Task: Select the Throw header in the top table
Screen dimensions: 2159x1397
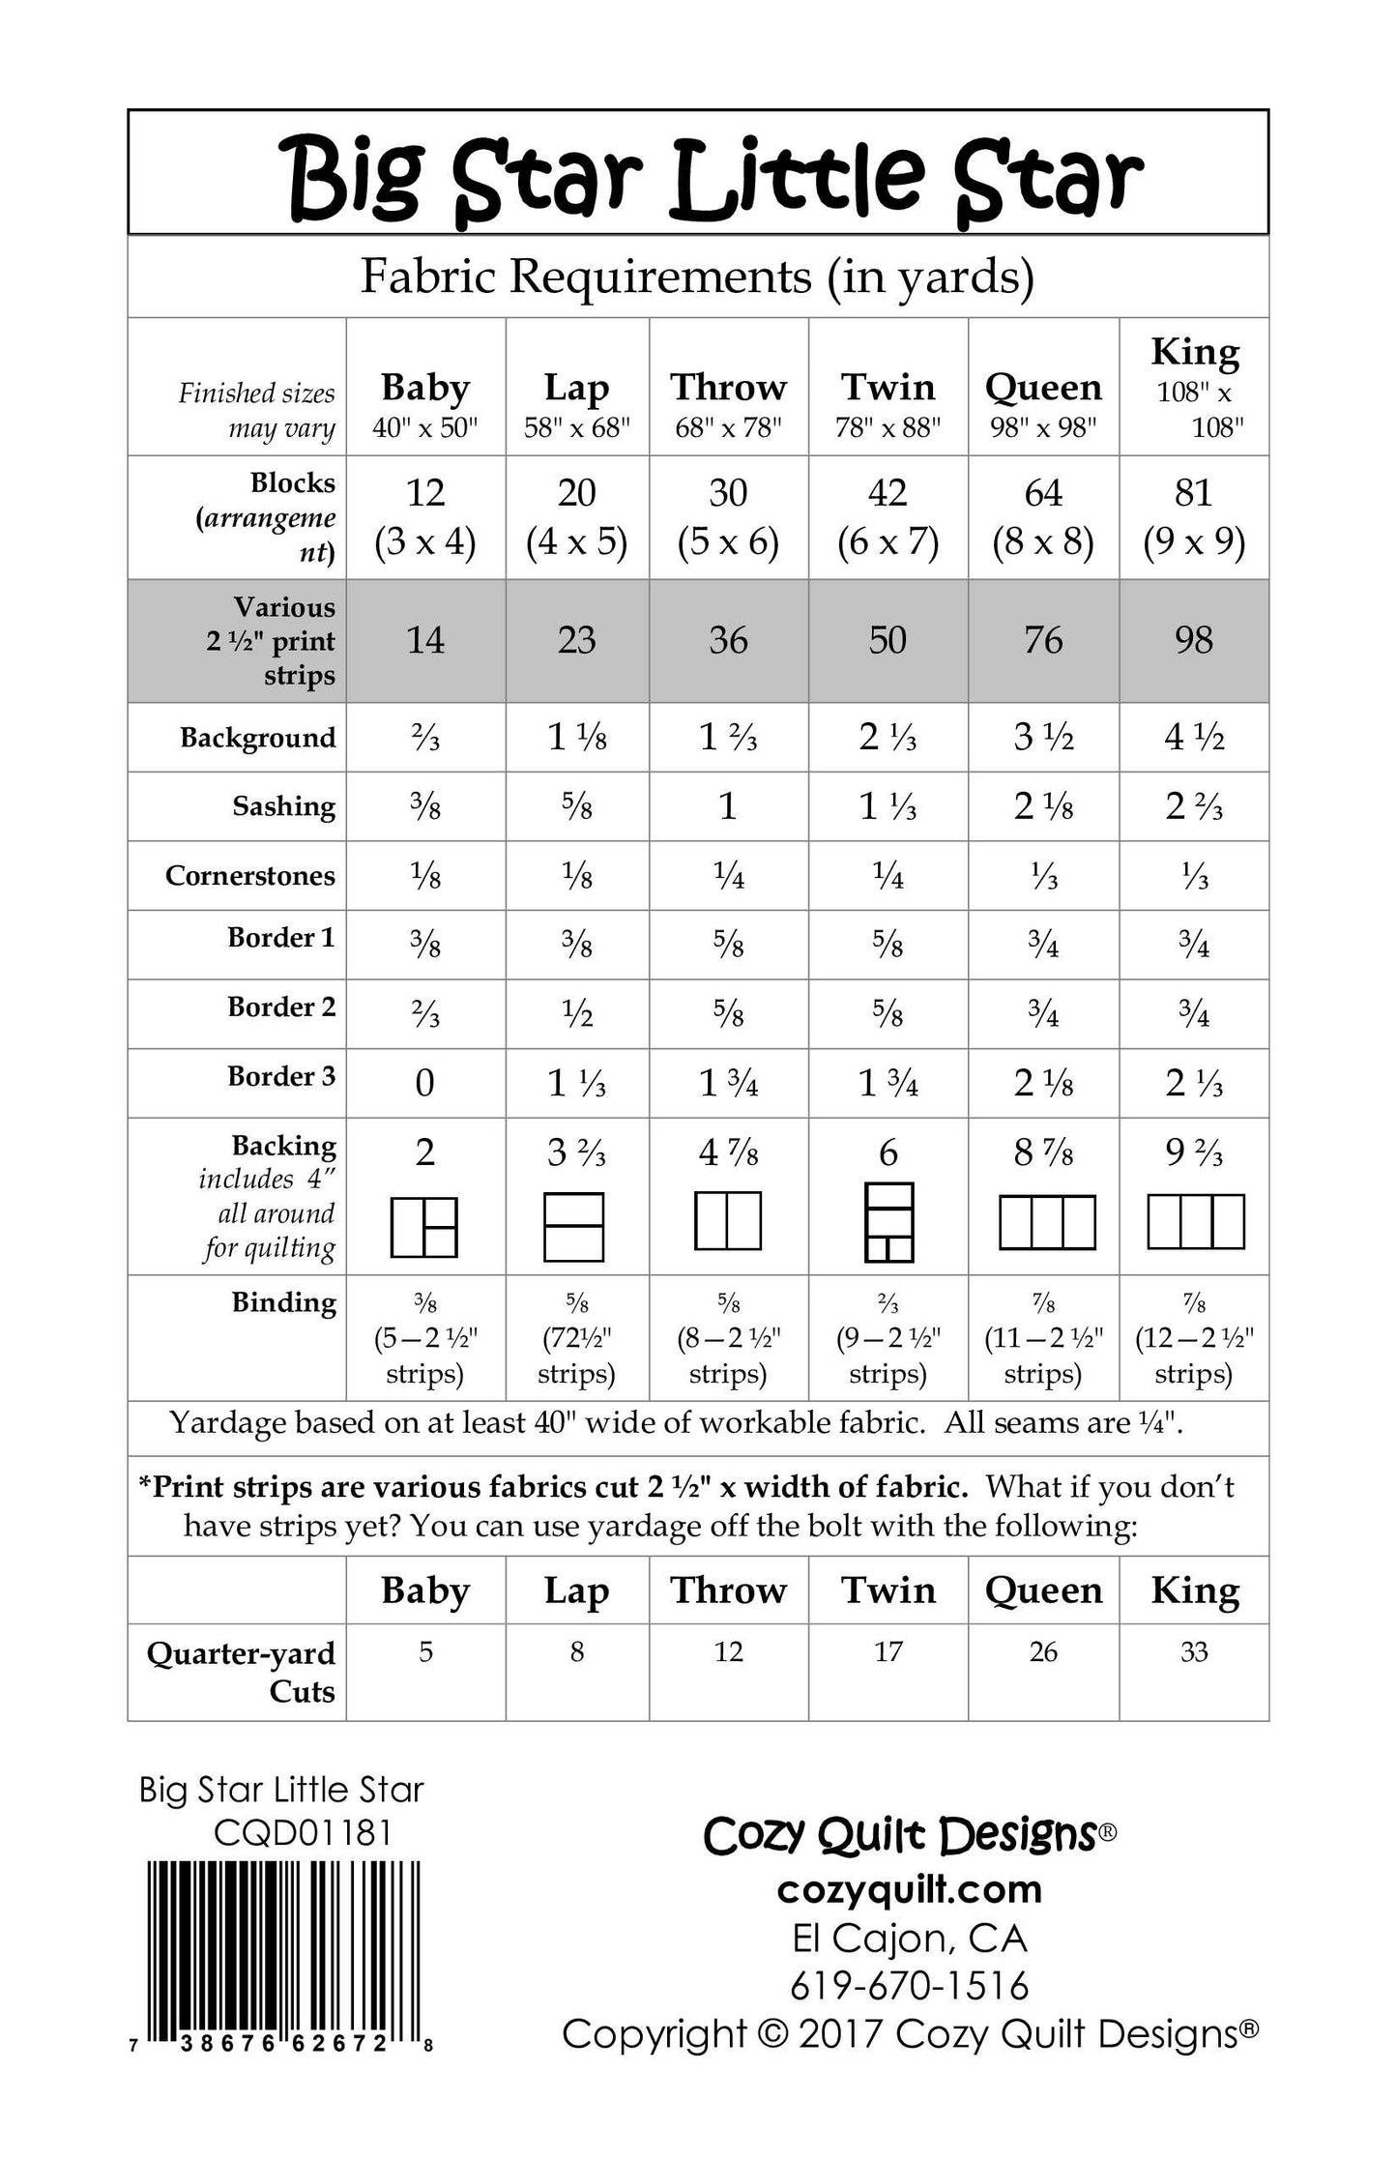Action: (728, 388)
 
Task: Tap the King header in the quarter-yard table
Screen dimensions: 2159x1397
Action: (1194, 1590)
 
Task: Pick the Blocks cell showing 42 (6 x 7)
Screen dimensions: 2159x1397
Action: (888, 517)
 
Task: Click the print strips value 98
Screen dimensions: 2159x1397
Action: (1194, 640)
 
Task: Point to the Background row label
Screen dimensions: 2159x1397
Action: (257, 738)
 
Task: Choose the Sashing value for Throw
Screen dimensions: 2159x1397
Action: (728, 806)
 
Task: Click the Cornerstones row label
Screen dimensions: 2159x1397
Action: (249, 875)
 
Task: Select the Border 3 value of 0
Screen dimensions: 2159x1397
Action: (424, 1083)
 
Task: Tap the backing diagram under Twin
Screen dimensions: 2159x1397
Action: (888, 1222)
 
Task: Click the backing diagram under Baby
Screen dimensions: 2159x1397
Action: (423, 1226)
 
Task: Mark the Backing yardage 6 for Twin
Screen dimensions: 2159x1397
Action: (888, 1152)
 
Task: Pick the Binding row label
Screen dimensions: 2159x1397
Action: (283, 1302)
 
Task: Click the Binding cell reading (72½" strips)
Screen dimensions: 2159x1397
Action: (576, 1340)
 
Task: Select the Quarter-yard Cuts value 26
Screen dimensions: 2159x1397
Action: (1042, 1651)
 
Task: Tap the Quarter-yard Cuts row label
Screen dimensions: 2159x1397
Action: (241, 1672)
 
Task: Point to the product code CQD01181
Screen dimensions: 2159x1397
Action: (303, 1833)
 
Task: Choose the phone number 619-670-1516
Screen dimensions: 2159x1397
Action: (909, 1986)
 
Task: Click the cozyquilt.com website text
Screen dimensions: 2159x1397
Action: (909, 1890)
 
